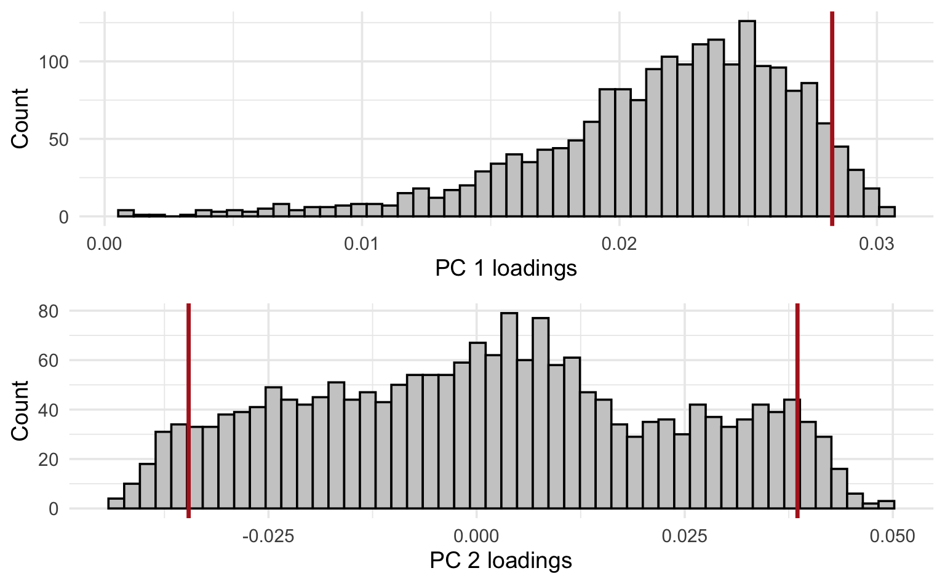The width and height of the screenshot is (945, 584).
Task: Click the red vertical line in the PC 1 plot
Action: click(832, 117)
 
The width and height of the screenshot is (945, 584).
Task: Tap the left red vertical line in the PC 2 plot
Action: click(188, 406)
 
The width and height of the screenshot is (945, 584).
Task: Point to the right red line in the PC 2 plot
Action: click(797, 406)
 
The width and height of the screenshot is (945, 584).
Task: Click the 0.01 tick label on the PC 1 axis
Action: click(362, 244)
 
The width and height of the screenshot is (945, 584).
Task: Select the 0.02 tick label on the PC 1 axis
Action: click(619, 244)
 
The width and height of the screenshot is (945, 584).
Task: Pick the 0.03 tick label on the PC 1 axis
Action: click(876, 244)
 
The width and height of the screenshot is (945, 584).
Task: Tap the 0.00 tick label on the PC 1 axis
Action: click(105, 244)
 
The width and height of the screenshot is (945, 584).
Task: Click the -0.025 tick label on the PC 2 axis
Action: click(268, 536)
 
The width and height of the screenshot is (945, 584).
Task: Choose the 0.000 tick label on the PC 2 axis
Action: click(476, 536)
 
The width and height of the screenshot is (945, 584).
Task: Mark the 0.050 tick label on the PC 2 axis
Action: click(892, 536)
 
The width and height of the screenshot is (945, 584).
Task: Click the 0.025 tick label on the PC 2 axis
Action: click(684, 536)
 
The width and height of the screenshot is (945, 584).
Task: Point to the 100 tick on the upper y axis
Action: click(56, 62)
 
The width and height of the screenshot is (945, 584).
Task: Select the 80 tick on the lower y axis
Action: click(49, 311)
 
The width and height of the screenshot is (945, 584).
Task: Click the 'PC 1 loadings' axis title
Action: click(506, 268)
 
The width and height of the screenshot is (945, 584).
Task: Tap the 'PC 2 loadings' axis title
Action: click(501, 561)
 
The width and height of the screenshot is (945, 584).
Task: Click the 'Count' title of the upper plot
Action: click(20, 118)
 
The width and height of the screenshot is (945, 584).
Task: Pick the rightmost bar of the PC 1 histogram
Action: click(887, 212)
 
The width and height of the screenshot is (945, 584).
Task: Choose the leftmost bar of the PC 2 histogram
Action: click(116, 503)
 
